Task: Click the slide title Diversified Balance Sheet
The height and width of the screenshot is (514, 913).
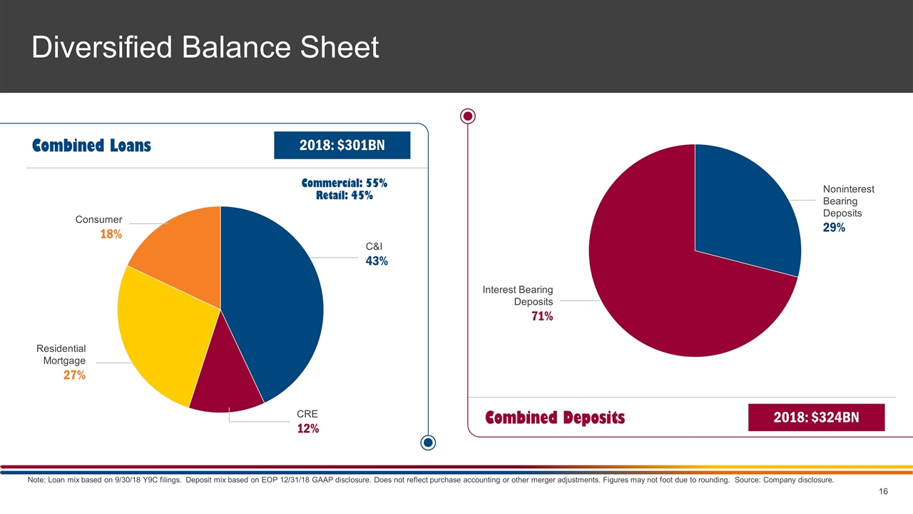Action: pos(205,48)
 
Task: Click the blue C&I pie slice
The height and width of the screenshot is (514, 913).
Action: pos(278,300)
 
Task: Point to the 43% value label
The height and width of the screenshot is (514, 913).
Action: pos(377,261)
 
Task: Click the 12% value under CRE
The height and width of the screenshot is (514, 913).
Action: pos(307,429)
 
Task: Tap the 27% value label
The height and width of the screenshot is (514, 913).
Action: pos(74,376)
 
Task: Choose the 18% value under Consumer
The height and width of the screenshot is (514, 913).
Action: pos(111,234)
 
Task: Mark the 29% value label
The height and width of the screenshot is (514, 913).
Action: pos(834,228)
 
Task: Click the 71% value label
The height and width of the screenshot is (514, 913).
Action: pos(541,316)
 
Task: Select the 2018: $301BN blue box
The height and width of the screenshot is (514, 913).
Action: pos(342,146)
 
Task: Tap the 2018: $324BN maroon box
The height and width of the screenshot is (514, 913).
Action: pos(816,418)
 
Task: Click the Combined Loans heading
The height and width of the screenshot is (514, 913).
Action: pos(91,146)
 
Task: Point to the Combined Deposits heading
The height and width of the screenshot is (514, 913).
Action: pos(555,418)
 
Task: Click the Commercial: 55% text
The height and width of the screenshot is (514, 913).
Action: pos(345,183)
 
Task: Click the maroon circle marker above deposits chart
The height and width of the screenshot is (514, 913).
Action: pos(468,116)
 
